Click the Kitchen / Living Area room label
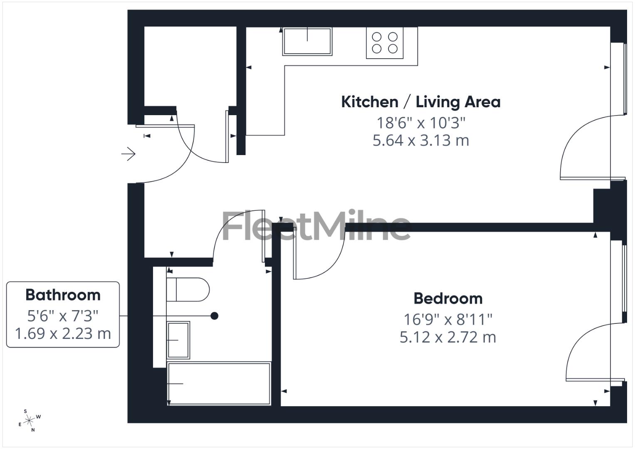[x=420, y=102]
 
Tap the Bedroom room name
[x=448, y=299]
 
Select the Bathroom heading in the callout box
[x=63, y=295]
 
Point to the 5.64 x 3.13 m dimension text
[x=420, y=141]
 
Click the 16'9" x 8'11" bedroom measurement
[x=448, y=319]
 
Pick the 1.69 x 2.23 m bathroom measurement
[x=63, y=333]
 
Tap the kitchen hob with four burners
[x=385, y=43]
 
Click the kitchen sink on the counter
[x=307, y=41]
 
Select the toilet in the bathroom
[x=187, y=289]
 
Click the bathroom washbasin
[x=178, y=340]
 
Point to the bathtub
[x=219, y=383]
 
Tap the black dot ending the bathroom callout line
[x=215, y=316]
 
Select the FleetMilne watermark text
[x=316, y=226]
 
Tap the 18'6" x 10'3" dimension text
[x=420, y=123]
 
